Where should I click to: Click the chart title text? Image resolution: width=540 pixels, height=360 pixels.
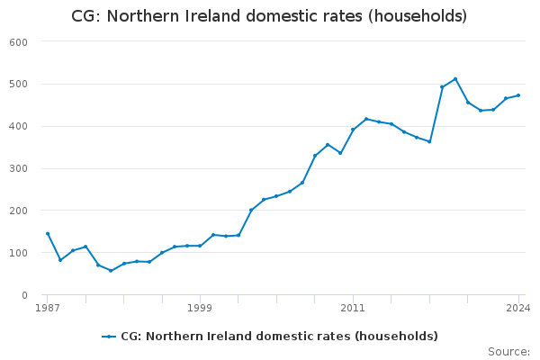[x=269, y=16]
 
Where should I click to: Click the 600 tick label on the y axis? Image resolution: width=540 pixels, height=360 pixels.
[x=19, y=42]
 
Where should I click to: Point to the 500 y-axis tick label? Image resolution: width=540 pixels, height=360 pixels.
[x=19, y=85]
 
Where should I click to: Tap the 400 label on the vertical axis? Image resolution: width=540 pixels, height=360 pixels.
[x=19, y=127]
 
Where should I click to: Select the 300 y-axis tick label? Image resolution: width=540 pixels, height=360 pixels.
[x=19, y=169]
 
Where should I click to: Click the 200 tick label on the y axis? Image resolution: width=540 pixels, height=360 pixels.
[x=19, y=211]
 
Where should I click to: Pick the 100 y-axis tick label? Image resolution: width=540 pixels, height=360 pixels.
[x=19, y=253]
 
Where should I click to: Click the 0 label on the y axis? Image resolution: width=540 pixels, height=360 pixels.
[x=25, y=295]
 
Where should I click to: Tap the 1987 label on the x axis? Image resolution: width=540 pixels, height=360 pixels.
[x=48, y=308]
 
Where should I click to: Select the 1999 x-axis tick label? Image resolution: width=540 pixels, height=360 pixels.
[x=201, y=308]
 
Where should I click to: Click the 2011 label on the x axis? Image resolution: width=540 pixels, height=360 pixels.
[x=353, y=308]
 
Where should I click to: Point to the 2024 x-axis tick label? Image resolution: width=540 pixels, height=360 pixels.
[x=518, y=308]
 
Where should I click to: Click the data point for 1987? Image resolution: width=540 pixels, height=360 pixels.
[x=48, y=234]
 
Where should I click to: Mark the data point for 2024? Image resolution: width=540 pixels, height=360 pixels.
[x=518, y=95]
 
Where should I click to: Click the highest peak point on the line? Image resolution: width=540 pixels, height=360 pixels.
[x=455, y=79]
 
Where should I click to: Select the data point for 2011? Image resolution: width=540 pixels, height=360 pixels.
[x=353, y=130]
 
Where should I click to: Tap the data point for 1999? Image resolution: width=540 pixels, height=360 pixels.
[x=201, y=246]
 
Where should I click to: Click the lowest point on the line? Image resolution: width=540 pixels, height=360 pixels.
[x=111, y=270]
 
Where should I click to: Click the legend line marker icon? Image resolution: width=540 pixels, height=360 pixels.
[x=110, y=337]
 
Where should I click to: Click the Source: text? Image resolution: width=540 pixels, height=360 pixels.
[x=508, y=352]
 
